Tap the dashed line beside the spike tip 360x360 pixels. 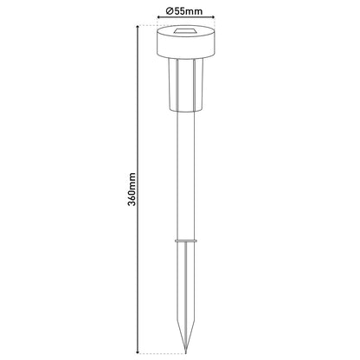(x=160, y=352)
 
